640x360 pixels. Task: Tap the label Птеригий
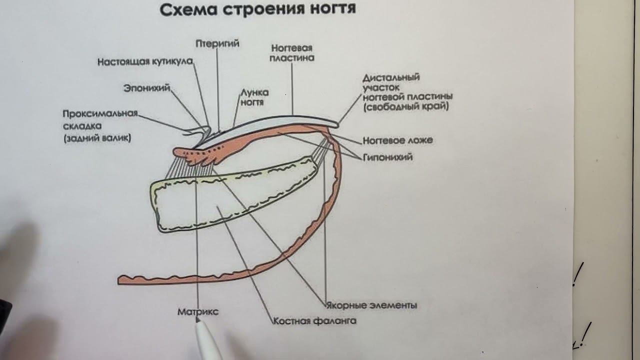217,43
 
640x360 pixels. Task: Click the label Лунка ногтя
254,97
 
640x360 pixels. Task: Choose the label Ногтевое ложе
397,140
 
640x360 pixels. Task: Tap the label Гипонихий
388,157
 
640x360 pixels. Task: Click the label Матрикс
198,311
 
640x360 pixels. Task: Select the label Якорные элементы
371,305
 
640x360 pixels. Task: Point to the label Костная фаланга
315,321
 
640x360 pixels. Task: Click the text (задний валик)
97,139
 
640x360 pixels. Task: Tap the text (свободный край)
406,107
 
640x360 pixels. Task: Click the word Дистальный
391,77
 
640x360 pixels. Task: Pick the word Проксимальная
100,113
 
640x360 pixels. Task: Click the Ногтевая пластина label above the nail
292,52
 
